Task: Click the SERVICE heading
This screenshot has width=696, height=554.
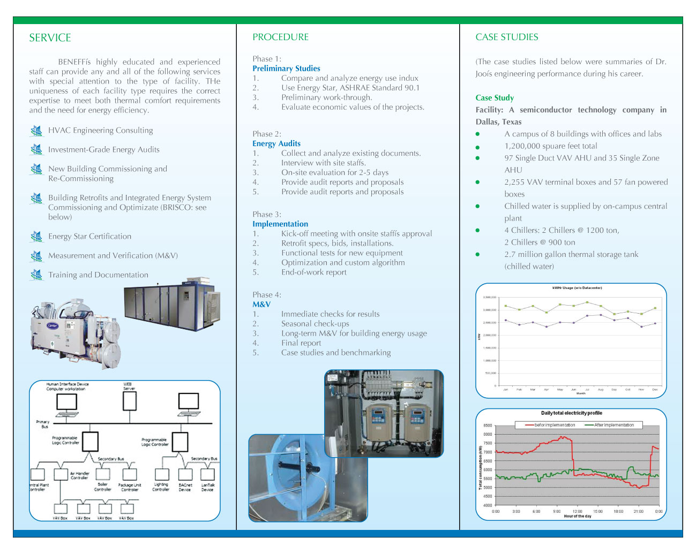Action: point(50,38)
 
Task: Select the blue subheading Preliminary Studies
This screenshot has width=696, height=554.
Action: point(286,69)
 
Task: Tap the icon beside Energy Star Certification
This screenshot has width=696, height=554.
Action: point(36,236)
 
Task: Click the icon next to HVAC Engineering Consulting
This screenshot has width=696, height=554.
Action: point(36,130)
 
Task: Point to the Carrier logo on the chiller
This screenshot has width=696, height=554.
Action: point(53,325)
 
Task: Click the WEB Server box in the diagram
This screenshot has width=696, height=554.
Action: point(130,400)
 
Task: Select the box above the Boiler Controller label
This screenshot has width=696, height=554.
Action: point(103,474)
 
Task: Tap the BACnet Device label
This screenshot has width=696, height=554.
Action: point(185,487)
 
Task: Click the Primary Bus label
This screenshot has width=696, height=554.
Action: point(43,424)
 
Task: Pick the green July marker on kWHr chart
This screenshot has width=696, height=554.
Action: point(587,302)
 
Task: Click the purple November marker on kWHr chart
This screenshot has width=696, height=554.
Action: point(641,327)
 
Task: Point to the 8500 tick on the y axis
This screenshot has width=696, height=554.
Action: point(488,426)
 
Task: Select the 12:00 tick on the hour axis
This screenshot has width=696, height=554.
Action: point(577,511)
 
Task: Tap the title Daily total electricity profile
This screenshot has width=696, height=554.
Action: point(571,413)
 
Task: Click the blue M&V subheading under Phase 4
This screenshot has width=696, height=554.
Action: point(261,305)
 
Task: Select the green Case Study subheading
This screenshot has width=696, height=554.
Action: point(495,98)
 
